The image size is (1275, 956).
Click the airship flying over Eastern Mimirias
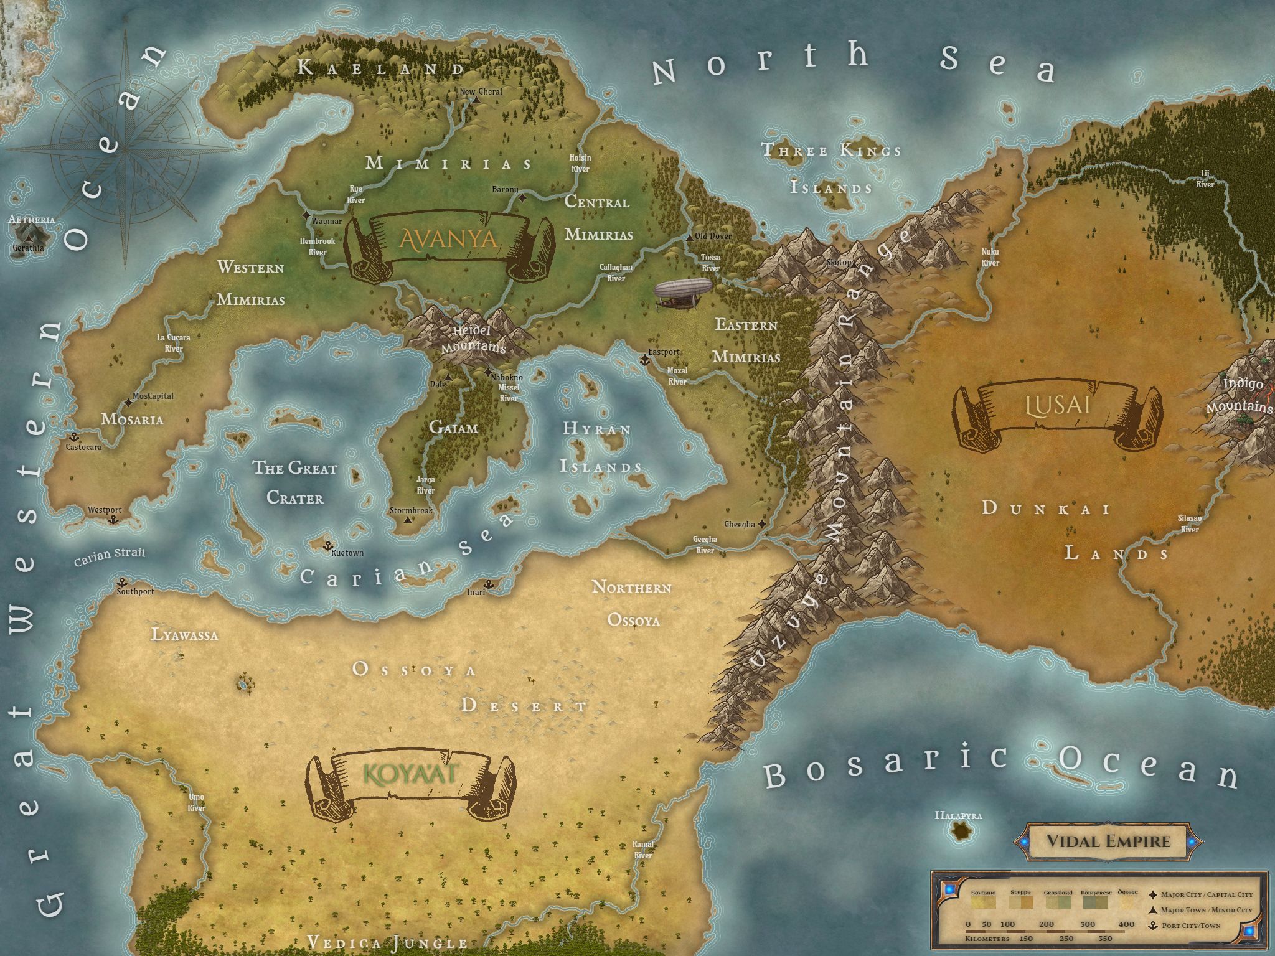click(684, 294)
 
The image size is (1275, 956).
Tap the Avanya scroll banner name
click(448, 238)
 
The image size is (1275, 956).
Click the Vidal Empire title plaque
click(1108, 841)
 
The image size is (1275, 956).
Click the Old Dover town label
click(713, 237)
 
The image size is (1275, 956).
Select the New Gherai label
click(481, 92)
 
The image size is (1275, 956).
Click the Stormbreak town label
click(411, 510)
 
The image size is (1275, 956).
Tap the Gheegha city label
click(740, 525)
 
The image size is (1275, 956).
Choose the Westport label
click(105, 510)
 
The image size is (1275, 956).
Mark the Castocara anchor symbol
click(73, 437)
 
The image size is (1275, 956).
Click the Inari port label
click(476, 592)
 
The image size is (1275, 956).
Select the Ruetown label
click(347, 553)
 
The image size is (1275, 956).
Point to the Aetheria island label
click(32, 220)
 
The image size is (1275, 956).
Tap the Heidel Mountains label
click(473, 339)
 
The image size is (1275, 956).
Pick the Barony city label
click(505, 189)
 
